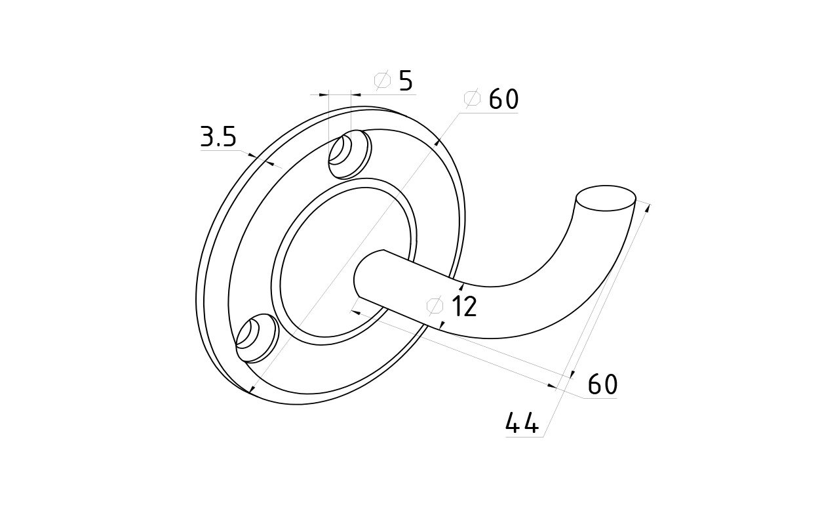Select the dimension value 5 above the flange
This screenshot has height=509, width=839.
coord(406,80)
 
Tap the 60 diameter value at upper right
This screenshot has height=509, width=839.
coord(504,99)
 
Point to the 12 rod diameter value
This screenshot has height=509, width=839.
coord(465,306)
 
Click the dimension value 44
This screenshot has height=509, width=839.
coord(522,423)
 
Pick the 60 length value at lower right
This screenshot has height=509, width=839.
coord(602,384)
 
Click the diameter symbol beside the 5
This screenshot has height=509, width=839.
coord(382,80)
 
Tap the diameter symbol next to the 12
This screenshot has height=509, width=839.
coord(435,306)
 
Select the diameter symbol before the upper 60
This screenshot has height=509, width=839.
coord(472,98)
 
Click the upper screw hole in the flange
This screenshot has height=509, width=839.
coord(349,154)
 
